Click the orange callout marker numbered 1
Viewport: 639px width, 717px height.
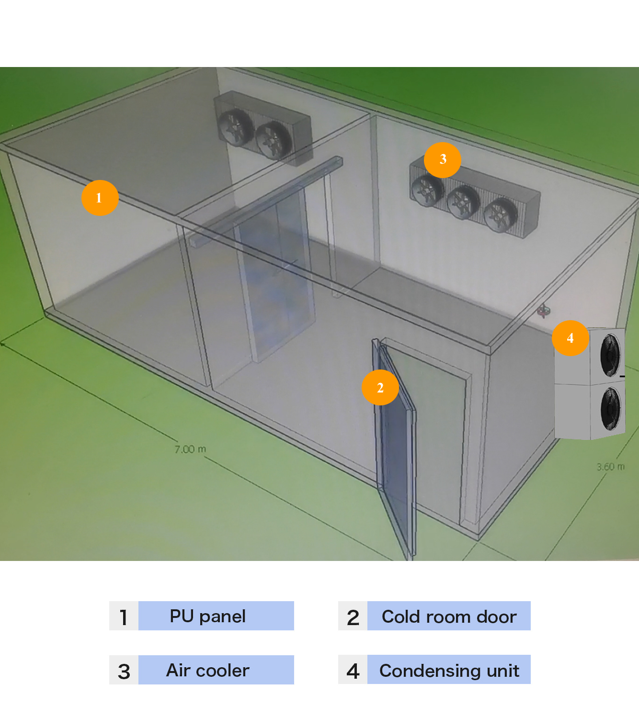point(100,198)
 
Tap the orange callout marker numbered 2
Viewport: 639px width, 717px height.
point(380,387)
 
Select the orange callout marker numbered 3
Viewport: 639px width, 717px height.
point(443,159)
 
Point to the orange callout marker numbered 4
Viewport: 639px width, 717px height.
point(570,338)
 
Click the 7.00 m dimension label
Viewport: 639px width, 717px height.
point(190,449)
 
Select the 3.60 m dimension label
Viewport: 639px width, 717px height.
point(610,467)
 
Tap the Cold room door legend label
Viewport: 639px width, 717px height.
point(449,616)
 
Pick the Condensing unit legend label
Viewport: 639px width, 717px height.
point(449,670)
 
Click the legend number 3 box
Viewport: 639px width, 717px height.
point(124,670)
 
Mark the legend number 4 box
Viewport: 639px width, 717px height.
point(353,670)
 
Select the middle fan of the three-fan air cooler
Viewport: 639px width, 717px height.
point(463,202)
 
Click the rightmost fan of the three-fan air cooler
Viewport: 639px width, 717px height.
point(501,215)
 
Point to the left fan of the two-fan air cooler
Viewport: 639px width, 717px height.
point(235,126)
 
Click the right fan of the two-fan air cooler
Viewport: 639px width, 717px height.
point(273,140)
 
